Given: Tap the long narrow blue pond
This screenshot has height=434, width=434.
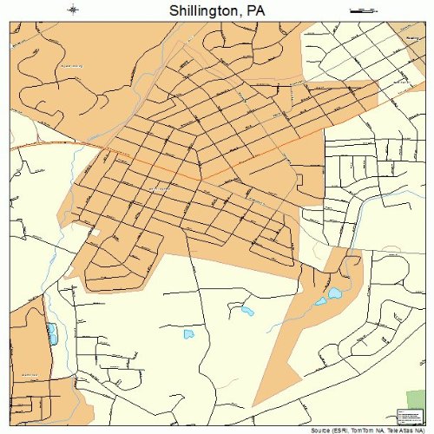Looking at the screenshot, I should pos(52,333).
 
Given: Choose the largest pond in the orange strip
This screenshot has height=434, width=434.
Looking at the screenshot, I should pos(333,293).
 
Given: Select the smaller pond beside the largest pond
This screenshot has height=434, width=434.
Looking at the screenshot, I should pos(320,302).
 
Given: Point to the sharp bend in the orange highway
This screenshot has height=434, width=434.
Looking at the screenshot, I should pos(201,180).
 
